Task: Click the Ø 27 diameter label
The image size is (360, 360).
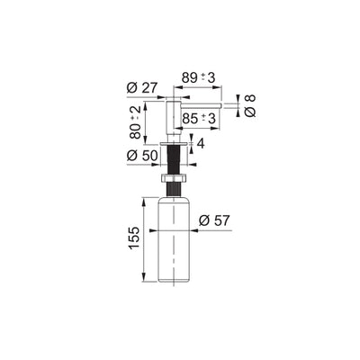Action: (142, 88)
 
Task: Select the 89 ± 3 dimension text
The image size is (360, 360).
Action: (199, 78)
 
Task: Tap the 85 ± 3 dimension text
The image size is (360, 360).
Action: (199, 119)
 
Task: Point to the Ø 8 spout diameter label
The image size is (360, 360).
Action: (250, 105)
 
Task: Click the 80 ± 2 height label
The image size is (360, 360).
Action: (135, 122)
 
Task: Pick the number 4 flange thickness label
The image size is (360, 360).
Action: (201, 144)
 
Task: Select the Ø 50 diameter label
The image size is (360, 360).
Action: (142, 156)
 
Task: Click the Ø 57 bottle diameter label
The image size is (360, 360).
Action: (214, 221)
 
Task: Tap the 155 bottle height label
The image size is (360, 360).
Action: (134, 238)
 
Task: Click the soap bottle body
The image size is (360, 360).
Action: (174, 239)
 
